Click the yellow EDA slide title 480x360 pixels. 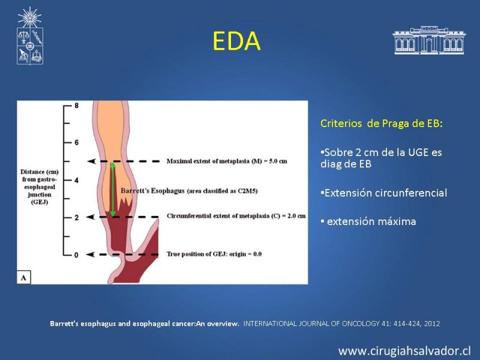click(x=236, y=41)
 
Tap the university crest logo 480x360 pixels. click(x=29, y=36)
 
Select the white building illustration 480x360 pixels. click(x=429, y=40)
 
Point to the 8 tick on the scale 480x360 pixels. click(x=76, y=106)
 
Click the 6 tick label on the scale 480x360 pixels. click(x=76, y=142)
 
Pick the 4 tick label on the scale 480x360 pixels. click(x=76, y=180)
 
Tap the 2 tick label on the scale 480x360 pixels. click(x=76, y=218)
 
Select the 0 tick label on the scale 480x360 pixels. click(x=76, y=255)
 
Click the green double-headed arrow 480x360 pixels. click(x=113, y=189)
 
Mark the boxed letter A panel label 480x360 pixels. click(x=23, y=278)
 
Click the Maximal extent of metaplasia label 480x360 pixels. click(x=227, y=161)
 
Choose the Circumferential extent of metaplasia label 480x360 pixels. click(x=236, y=216)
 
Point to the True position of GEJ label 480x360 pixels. click(x=214, y=254)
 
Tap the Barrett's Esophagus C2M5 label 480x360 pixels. click(x=189, y=191)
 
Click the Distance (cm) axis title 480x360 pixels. click(x=40, y=187)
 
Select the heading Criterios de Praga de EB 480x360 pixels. click(x=382, y=124)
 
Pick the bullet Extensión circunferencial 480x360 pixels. click(x=384, y=193)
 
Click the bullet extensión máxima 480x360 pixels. click(x=368, y=221)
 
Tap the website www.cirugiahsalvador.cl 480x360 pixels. click(x=404, y=351)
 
